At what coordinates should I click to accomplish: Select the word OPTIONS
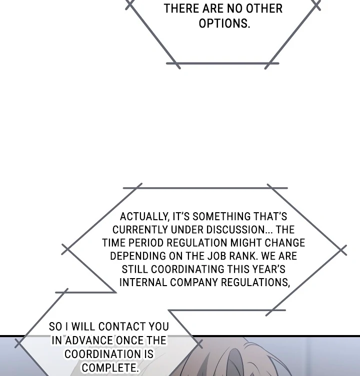pyautogui.click(x=224, y=23)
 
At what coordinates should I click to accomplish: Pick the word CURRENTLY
pyautogui.click(x=140, y=230)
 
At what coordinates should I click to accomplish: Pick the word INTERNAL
pyautogui.click(x=143, y=282)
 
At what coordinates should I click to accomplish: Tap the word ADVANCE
pyautogui.click(x=89, y=341)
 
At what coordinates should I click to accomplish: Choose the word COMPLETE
pyautogui.click(x=109, y=368)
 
